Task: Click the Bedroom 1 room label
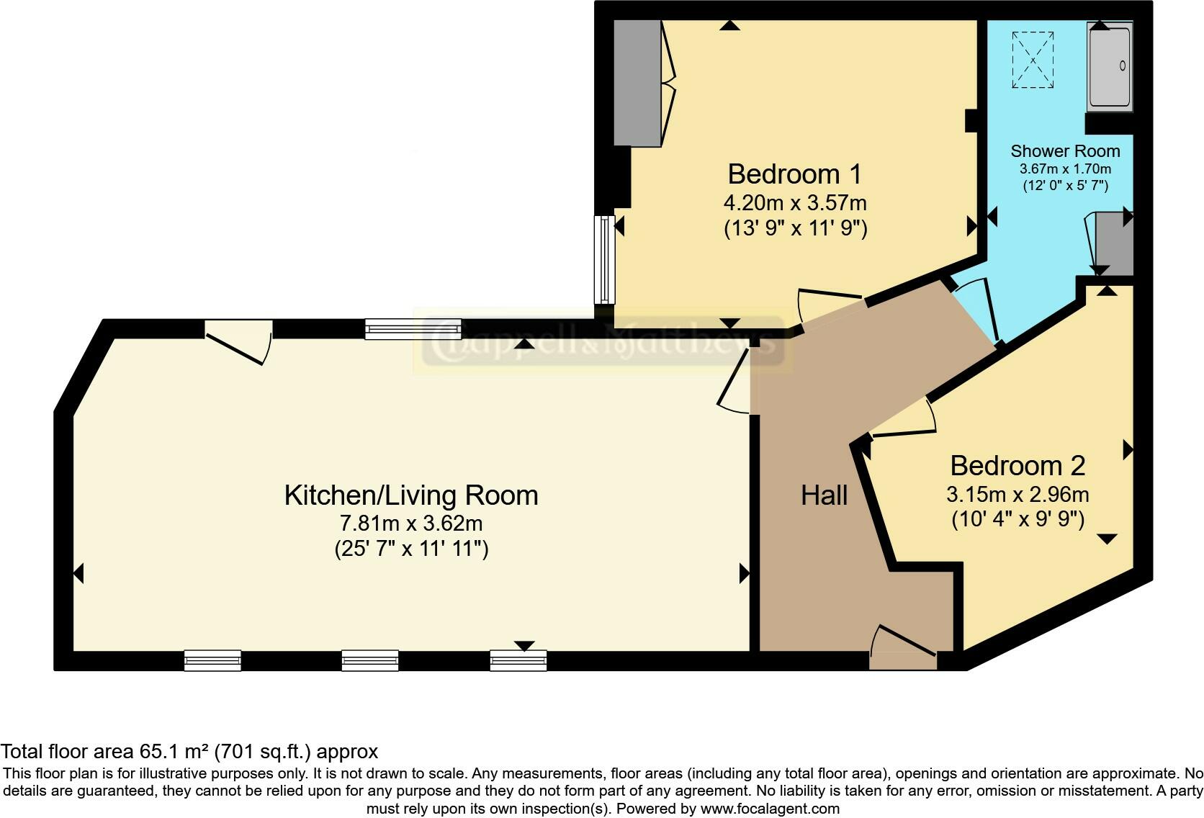coord(794,174)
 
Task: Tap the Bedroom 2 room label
coord(1017,466)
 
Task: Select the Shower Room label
coord(1065,151)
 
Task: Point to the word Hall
coord(824,495)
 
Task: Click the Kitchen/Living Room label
coord(411,495)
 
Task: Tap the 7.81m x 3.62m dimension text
coord(411,523)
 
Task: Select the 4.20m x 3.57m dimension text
coord(794,202)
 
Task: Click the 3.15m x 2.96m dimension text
coord(1017,495)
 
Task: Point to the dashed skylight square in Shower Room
coord(1033,60)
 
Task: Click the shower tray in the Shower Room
coord(1110,66)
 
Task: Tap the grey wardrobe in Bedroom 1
coord(637,83)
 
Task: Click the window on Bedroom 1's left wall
coord(605,259)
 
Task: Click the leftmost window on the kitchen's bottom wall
coord(212,660)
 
